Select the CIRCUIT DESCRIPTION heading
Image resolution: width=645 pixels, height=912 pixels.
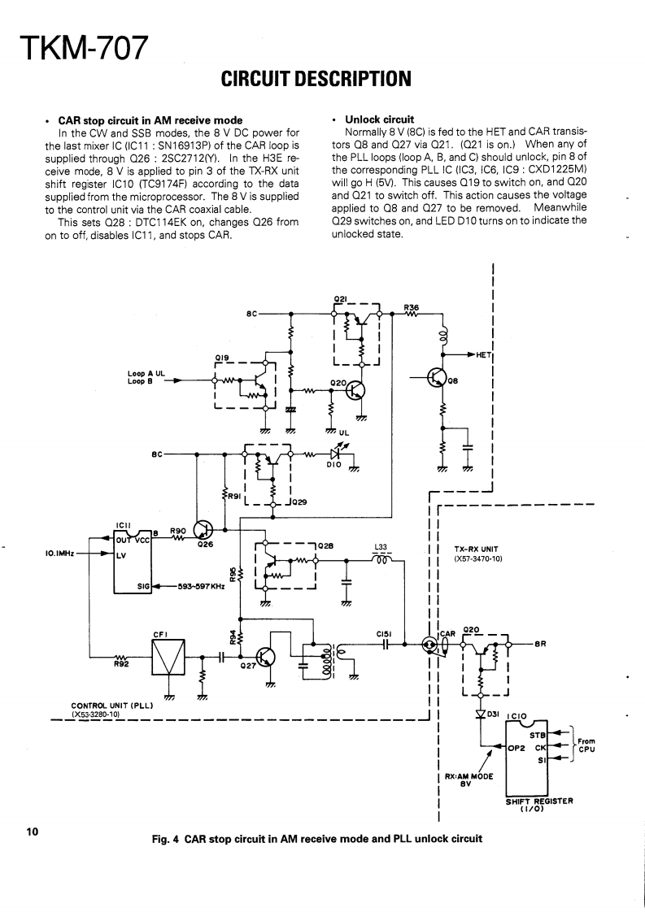click(316, 79)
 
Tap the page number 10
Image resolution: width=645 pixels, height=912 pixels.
click(32, 832)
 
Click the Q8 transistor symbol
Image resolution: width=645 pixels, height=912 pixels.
click(438, 378)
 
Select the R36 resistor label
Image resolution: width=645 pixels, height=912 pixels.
click(411, 307)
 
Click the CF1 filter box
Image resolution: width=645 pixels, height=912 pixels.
click(169, 656)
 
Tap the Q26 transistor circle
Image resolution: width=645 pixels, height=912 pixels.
click(203, 532)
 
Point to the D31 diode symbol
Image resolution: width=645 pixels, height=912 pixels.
click(480, 714)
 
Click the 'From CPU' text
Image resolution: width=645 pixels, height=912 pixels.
click(586, 745)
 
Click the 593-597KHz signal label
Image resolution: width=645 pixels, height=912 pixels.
click(202, 585)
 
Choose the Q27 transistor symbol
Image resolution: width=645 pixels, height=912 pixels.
click(266, 657)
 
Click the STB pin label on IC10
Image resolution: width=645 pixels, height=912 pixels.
click(537, 735)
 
